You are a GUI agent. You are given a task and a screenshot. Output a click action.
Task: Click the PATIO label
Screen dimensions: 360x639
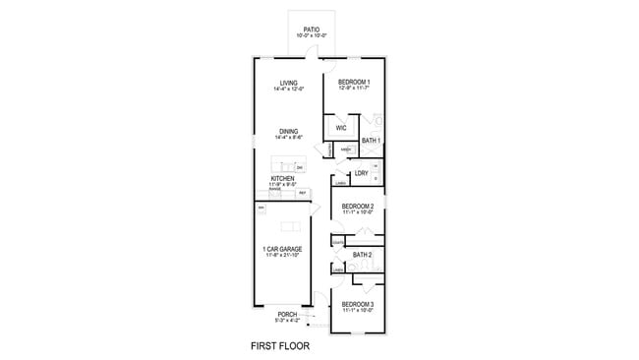click(x=311, y=30)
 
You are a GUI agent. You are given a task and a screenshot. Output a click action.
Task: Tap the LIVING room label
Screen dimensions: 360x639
click(x=288, y=83)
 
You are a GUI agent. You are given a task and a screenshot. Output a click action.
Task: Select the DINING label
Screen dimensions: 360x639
click(x=288, y=131)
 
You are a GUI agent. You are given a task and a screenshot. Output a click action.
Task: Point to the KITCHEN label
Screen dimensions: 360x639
click(x=282, y=178)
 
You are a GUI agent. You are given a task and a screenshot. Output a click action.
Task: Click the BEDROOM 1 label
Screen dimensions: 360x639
click(x=354, y=82)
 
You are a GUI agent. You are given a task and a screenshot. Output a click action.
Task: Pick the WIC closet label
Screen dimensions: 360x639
click(x=341, y=128)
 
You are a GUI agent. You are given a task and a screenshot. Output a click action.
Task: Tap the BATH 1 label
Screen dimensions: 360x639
click(x=371, y=141)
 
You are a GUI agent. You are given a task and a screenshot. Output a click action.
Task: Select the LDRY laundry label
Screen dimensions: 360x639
click(x=362, y=173)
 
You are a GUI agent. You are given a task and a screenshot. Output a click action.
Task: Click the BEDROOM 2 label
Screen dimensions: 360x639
click(x=358, y=206)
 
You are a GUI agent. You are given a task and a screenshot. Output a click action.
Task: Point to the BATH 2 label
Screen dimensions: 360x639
click(x=362, y=255)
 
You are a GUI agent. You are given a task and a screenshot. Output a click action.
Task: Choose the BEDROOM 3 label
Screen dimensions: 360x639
click(x=357, y=304)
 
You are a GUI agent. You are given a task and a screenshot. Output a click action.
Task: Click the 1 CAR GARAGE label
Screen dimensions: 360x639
click(x=282, y=249)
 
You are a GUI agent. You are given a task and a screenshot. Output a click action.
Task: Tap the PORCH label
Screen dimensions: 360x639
click(x=287, y=315)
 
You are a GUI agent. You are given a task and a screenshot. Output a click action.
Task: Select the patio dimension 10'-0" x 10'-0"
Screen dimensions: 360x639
click(x=311, y=36)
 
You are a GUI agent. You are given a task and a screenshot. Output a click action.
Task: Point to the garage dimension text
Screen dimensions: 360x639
click(x=282, y=256)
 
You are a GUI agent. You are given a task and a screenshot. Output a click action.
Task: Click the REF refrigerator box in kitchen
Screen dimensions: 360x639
click(x=303, y=193)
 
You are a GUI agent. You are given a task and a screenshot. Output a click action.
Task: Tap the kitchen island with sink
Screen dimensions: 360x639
click(x=290, y=165)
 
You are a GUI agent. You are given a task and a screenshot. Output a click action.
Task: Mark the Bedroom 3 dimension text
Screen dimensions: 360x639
click(x=357, y=311)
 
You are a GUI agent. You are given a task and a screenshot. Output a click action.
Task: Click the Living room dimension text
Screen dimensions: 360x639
click(x=288, y=90)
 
